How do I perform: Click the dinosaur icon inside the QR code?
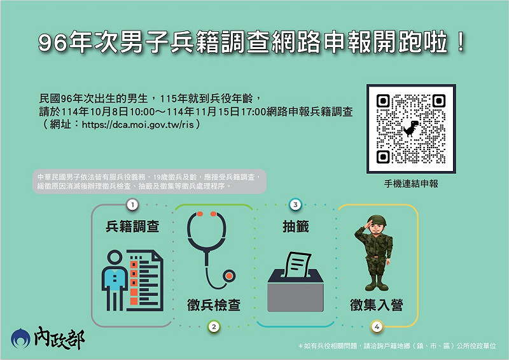(x=411, y=128)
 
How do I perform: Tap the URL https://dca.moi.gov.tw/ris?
(x=137, y=125)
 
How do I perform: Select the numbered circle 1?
(x=132, y=205)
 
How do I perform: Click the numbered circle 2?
(x=214, y=326)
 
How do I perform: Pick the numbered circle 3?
(x=295, y=205)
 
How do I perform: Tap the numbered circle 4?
(x=377, y=326)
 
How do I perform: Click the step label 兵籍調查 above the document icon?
(x=132, y=226)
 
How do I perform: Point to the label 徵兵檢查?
(x=214, y=305)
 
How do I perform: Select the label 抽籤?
(x=295, y=226)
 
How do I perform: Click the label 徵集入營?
(x=377, y=305)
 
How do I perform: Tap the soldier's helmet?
(x=378, y=220)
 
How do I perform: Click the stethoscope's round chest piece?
(x=229, y=276)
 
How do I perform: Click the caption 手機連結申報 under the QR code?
(x=411, y=184)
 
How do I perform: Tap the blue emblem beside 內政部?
(x=20, y=338)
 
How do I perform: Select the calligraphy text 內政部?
(x=59, y=338)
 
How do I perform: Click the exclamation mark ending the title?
(x=460, y=42)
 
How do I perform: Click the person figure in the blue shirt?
(x=115, y=280)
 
